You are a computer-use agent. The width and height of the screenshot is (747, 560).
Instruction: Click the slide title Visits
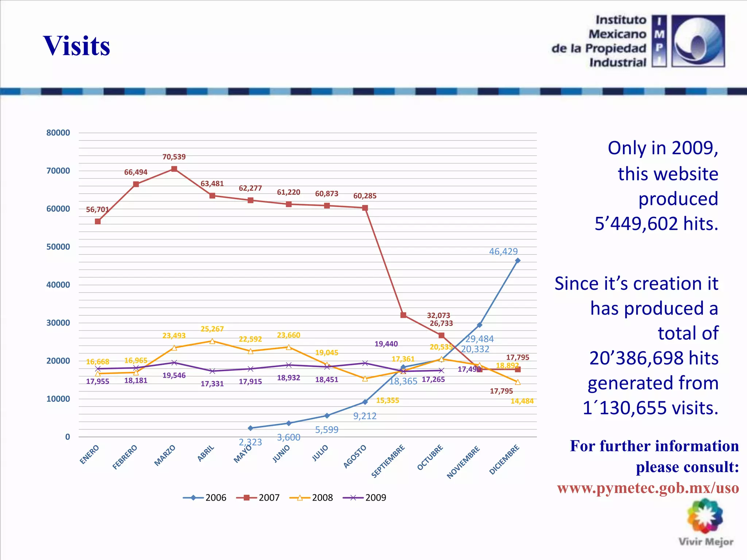click(x=77, y=46)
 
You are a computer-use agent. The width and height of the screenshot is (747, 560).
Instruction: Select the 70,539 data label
click(x=174, y=157)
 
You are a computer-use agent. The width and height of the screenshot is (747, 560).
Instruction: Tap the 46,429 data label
click(x=503, y=252)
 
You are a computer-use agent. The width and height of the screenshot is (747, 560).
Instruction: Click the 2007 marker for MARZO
click(x=174, y=169)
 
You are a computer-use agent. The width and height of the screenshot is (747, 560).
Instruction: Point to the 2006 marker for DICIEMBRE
click(x=518, y=261)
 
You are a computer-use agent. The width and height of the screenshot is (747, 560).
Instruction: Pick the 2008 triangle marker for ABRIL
click(x=212, y=341)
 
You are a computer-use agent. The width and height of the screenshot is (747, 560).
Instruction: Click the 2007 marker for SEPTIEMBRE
click(x=403, y=315)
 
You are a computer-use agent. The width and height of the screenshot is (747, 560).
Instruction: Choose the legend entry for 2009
click(x=365, y=498)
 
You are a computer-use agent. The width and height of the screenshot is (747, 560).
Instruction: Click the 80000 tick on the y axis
click(x=58, y=133)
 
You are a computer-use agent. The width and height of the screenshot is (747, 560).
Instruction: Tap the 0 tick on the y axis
click(x=67, y=437)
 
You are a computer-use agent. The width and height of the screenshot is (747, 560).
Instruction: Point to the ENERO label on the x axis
click(x=90, y=454)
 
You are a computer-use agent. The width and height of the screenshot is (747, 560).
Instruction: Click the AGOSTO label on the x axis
click(x=355, y=456)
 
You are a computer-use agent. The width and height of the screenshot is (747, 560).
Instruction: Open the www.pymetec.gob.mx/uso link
click(x=648, y=488)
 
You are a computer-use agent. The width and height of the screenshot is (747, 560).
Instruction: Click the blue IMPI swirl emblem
click(x=698, y=41)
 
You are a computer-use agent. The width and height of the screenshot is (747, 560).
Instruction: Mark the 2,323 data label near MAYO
click(x=250, y=442)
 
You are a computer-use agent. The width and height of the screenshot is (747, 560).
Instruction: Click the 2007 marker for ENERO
click(x=98, y=221)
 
